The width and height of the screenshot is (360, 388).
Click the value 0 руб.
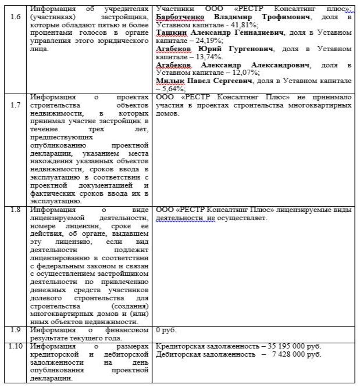(166, 330)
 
